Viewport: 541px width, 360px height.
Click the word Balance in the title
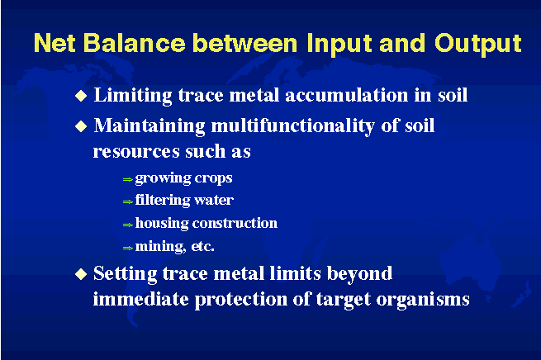(x=134, y=43)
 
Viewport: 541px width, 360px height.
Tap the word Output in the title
(x=478, y=45)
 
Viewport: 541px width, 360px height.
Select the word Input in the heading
(x=339, y=45)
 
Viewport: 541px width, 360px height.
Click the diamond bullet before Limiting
(x=81, y=96)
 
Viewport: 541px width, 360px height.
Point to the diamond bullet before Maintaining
(x=81, y=126)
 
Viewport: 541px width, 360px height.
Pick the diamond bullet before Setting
(x=81, y=274)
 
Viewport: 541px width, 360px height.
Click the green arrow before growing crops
(x=128, y=179)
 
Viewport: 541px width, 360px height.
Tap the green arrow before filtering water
(x=128, y=201)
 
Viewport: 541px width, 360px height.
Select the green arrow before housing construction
(x=128, y=225)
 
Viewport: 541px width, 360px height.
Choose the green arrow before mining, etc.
(x=128, y=248)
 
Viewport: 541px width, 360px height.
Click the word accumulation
(x=347, y=95)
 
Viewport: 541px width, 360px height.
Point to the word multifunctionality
(x=292, y=126)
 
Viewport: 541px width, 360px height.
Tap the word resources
(x=136, y=152)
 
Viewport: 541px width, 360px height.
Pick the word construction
(x=235, y=223)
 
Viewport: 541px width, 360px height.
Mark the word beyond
(x=359, y=274)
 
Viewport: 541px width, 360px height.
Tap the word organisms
(x=423, y=300)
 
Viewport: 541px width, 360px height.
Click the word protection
(x=241, y=300)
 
